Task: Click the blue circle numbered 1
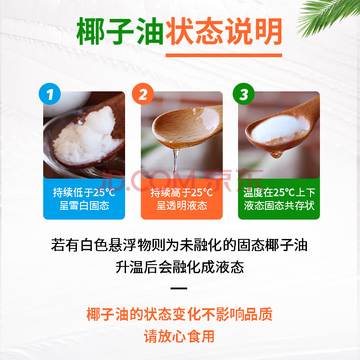(49, 94)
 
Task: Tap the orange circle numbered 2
(143, 94)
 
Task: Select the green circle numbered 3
(243, 94)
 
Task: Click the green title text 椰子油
(120, 31)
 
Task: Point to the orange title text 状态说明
(224, 31)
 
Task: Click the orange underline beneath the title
(224, 55)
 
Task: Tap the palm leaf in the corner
(328, 16)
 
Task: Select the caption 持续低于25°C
(84, 193)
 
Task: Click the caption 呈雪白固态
(84, 206)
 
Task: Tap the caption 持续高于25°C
(182, 193)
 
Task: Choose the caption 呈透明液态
(182, 206)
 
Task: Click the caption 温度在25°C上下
(279, 193)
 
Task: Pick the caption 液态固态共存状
(279, 206)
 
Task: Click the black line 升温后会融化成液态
(180, 267)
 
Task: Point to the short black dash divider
(179, 288)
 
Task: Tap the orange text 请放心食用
(179, 336)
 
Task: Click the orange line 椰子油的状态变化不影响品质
(180, 314)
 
